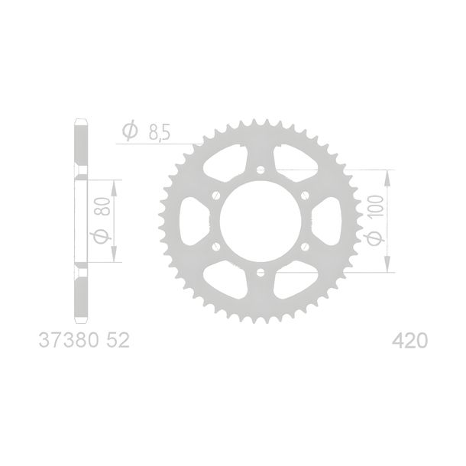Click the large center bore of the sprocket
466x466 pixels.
click(261, 221)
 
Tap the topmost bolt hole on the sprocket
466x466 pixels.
click(261, 170)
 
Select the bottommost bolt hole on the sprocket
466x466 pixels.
click(261, 272)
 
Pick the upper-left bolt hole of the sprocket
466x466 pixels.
click(216, 196)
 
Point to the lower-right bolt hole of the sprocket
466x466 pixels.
click(305, 247)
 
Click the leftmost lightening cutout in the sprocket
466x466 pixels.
click(194, 221)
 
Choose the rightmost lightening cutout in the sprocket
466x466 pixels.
click(327, 221)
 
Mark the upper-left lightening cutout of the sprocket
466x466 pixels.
click(226, 163)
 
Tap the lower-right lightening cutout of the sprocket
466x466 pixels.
click(295, 280)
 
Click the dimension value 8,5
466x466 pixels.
click(160, 133)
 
